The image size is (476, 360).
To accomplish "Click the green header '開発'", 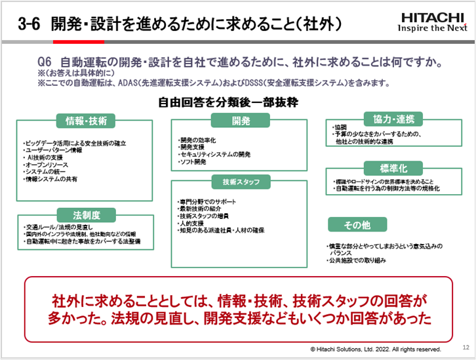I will coord(241,121).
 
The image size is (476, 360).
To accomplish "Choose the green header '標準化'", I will coord(393,167).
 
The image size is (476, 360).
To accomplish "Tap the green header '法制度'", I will coord(86,214).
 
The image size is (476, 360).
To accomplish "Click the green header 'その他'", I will coord(357,224).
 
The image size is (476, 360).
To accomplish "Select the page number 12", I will coord(466,348).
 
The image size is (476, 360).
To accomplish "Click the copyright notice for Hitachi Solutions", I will coord(376,349).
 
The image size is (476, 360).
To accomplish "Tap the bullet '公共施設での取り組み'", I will coord(358,260).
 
